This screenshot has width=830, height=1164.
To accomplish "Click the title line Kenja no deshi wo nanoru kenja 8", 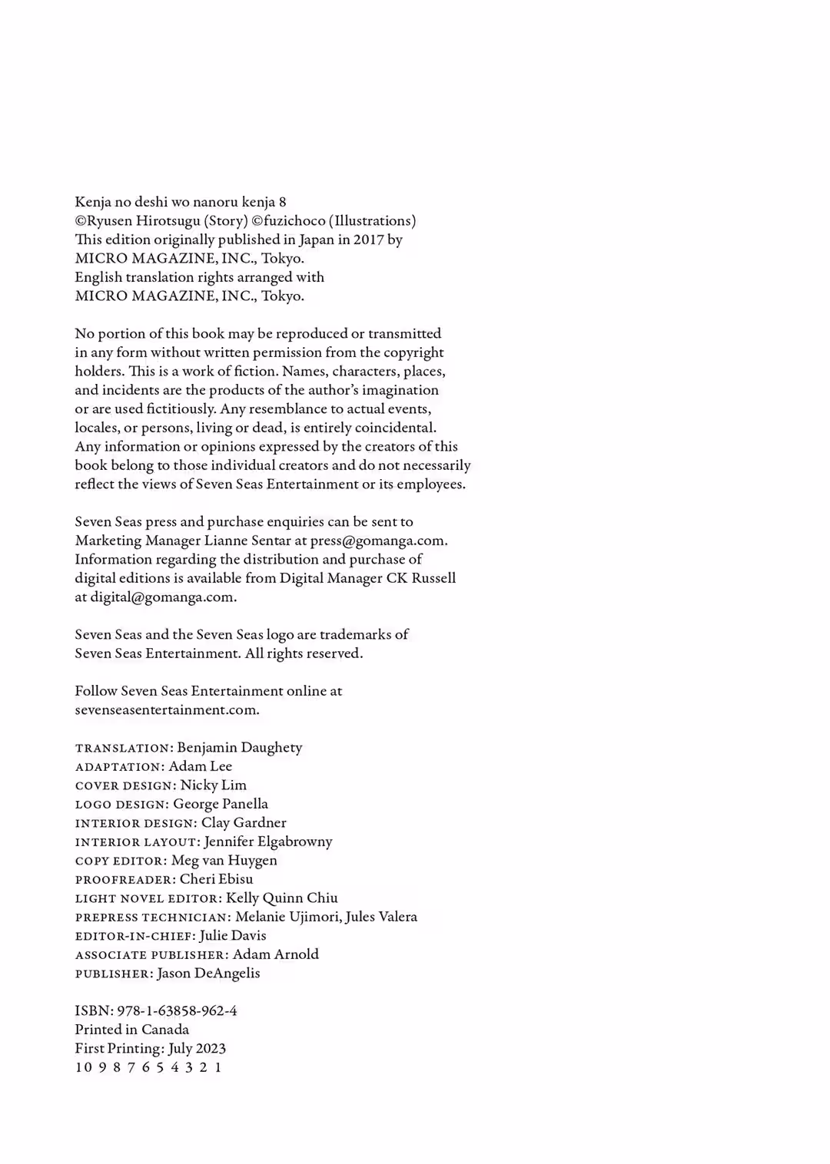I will [x=181, y=202].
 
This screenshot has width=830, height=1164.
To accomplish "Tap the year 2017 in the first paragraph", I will [x=368, y=240].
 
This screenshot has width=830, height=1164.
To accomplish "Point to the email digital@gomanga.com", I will [x=162, y=597].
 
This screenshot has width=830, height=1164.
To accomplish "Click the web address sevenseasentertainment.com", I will [x=167, y=709].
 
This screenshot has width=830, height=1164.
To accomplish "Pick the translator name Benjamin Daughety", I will [x=240, y=747].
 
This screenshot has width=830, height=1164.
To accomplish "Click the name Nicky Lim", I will [x=214, y=785].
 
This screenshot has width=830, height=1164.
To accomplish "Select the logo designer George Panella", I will [x=221, y=804].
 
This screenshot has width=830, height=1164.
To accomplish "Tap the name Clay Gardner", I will [x=244, y=822].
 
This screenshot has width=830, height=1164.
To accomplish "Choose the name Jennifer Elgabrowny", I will [x=268, y=842].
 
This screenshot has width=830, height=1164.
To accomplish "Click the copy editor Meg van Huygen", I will [x=224, y=860].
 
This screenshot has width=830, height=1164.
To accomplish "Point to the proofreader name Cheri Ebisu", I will [x=216, y=879].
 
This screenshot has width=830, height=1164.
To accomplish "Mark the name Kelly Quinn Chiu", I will [x=282, y=898].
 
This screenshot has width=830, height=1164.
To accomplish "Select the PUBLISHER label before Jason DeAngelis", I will [x=113, y=974].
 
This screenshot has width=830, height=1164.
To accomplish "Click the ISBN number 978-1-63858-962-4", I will [x=177, y=1010].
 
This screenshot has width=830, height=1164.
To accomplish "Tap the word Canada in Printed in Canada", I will [x=165, y=1030].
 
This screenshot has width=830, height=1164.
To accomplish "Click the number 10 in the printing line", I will [x=83, y=1067].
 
